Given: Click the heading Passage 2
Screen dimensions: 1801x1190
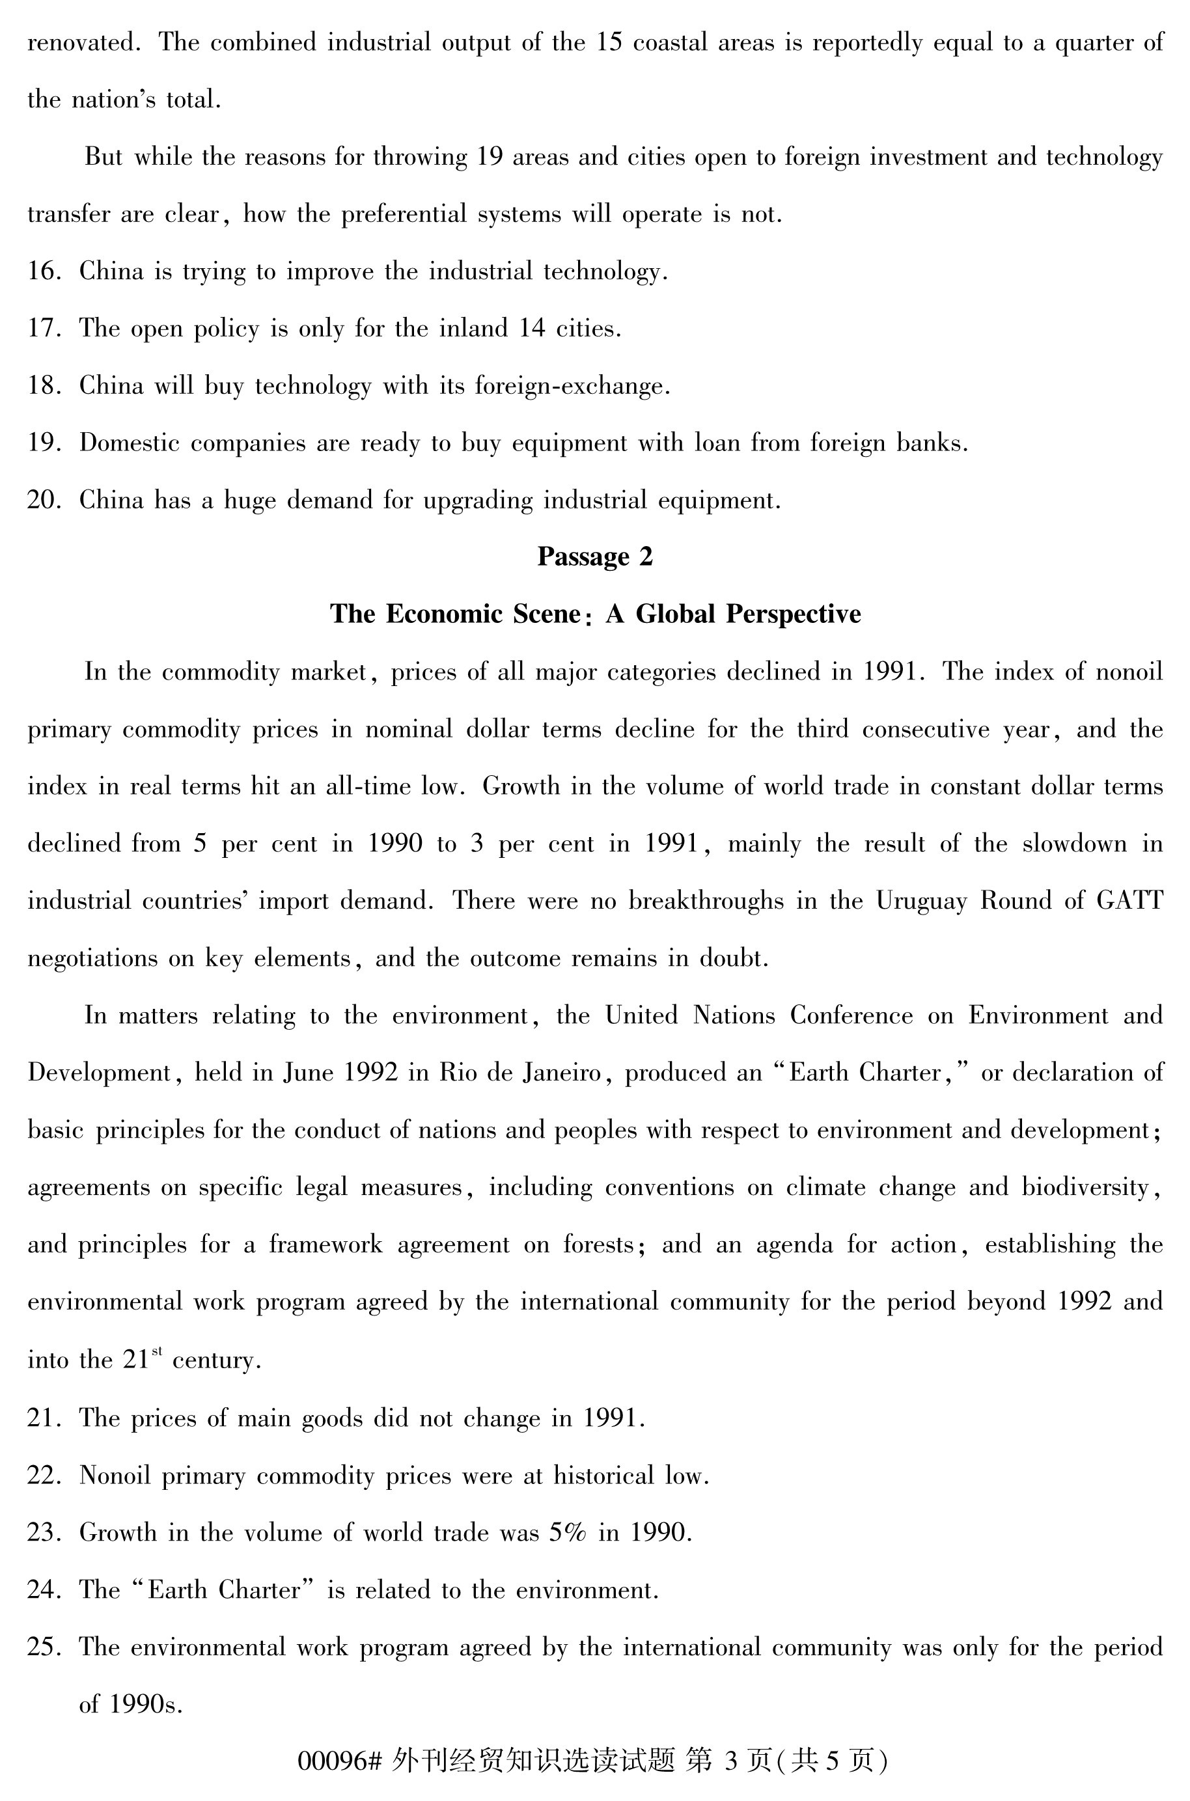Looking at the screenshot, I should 594,557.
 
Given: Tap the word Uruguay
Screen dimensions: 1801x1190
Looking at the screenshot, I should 921,901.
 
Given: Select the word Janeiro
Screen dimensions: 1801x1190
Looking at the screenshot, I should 562,1073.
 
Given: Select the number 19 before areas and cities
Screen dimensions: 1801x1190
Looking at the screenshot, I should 490,157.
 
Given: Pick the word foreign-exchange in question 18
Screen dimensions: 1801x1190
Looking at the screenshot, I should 572,386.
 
